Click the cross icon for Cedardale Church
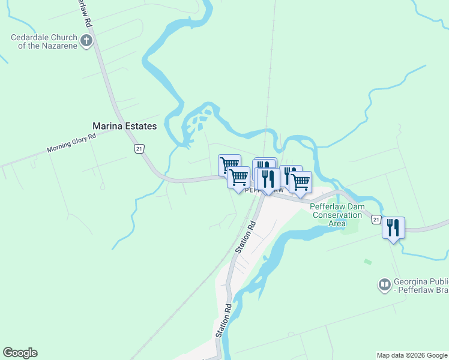(x=87, y=41)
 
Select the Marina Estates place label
(x=124, y=126)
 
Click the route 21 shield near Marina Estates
(x=139, y=149)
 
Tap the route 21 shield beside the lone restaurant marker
(x=376, y=220)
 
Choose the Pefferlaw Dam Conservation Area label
(x=337, y=215)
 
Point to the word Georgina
(x=411, y=282)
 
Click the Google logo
(x=20, y=353)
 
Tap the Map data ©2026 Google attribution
(x=412, y=355)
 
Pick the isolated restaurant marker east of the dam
(x=393, y=228)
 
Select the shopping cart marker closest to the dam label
(x=300, y=181)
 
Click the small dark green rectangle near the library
(x=367, y=262)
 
